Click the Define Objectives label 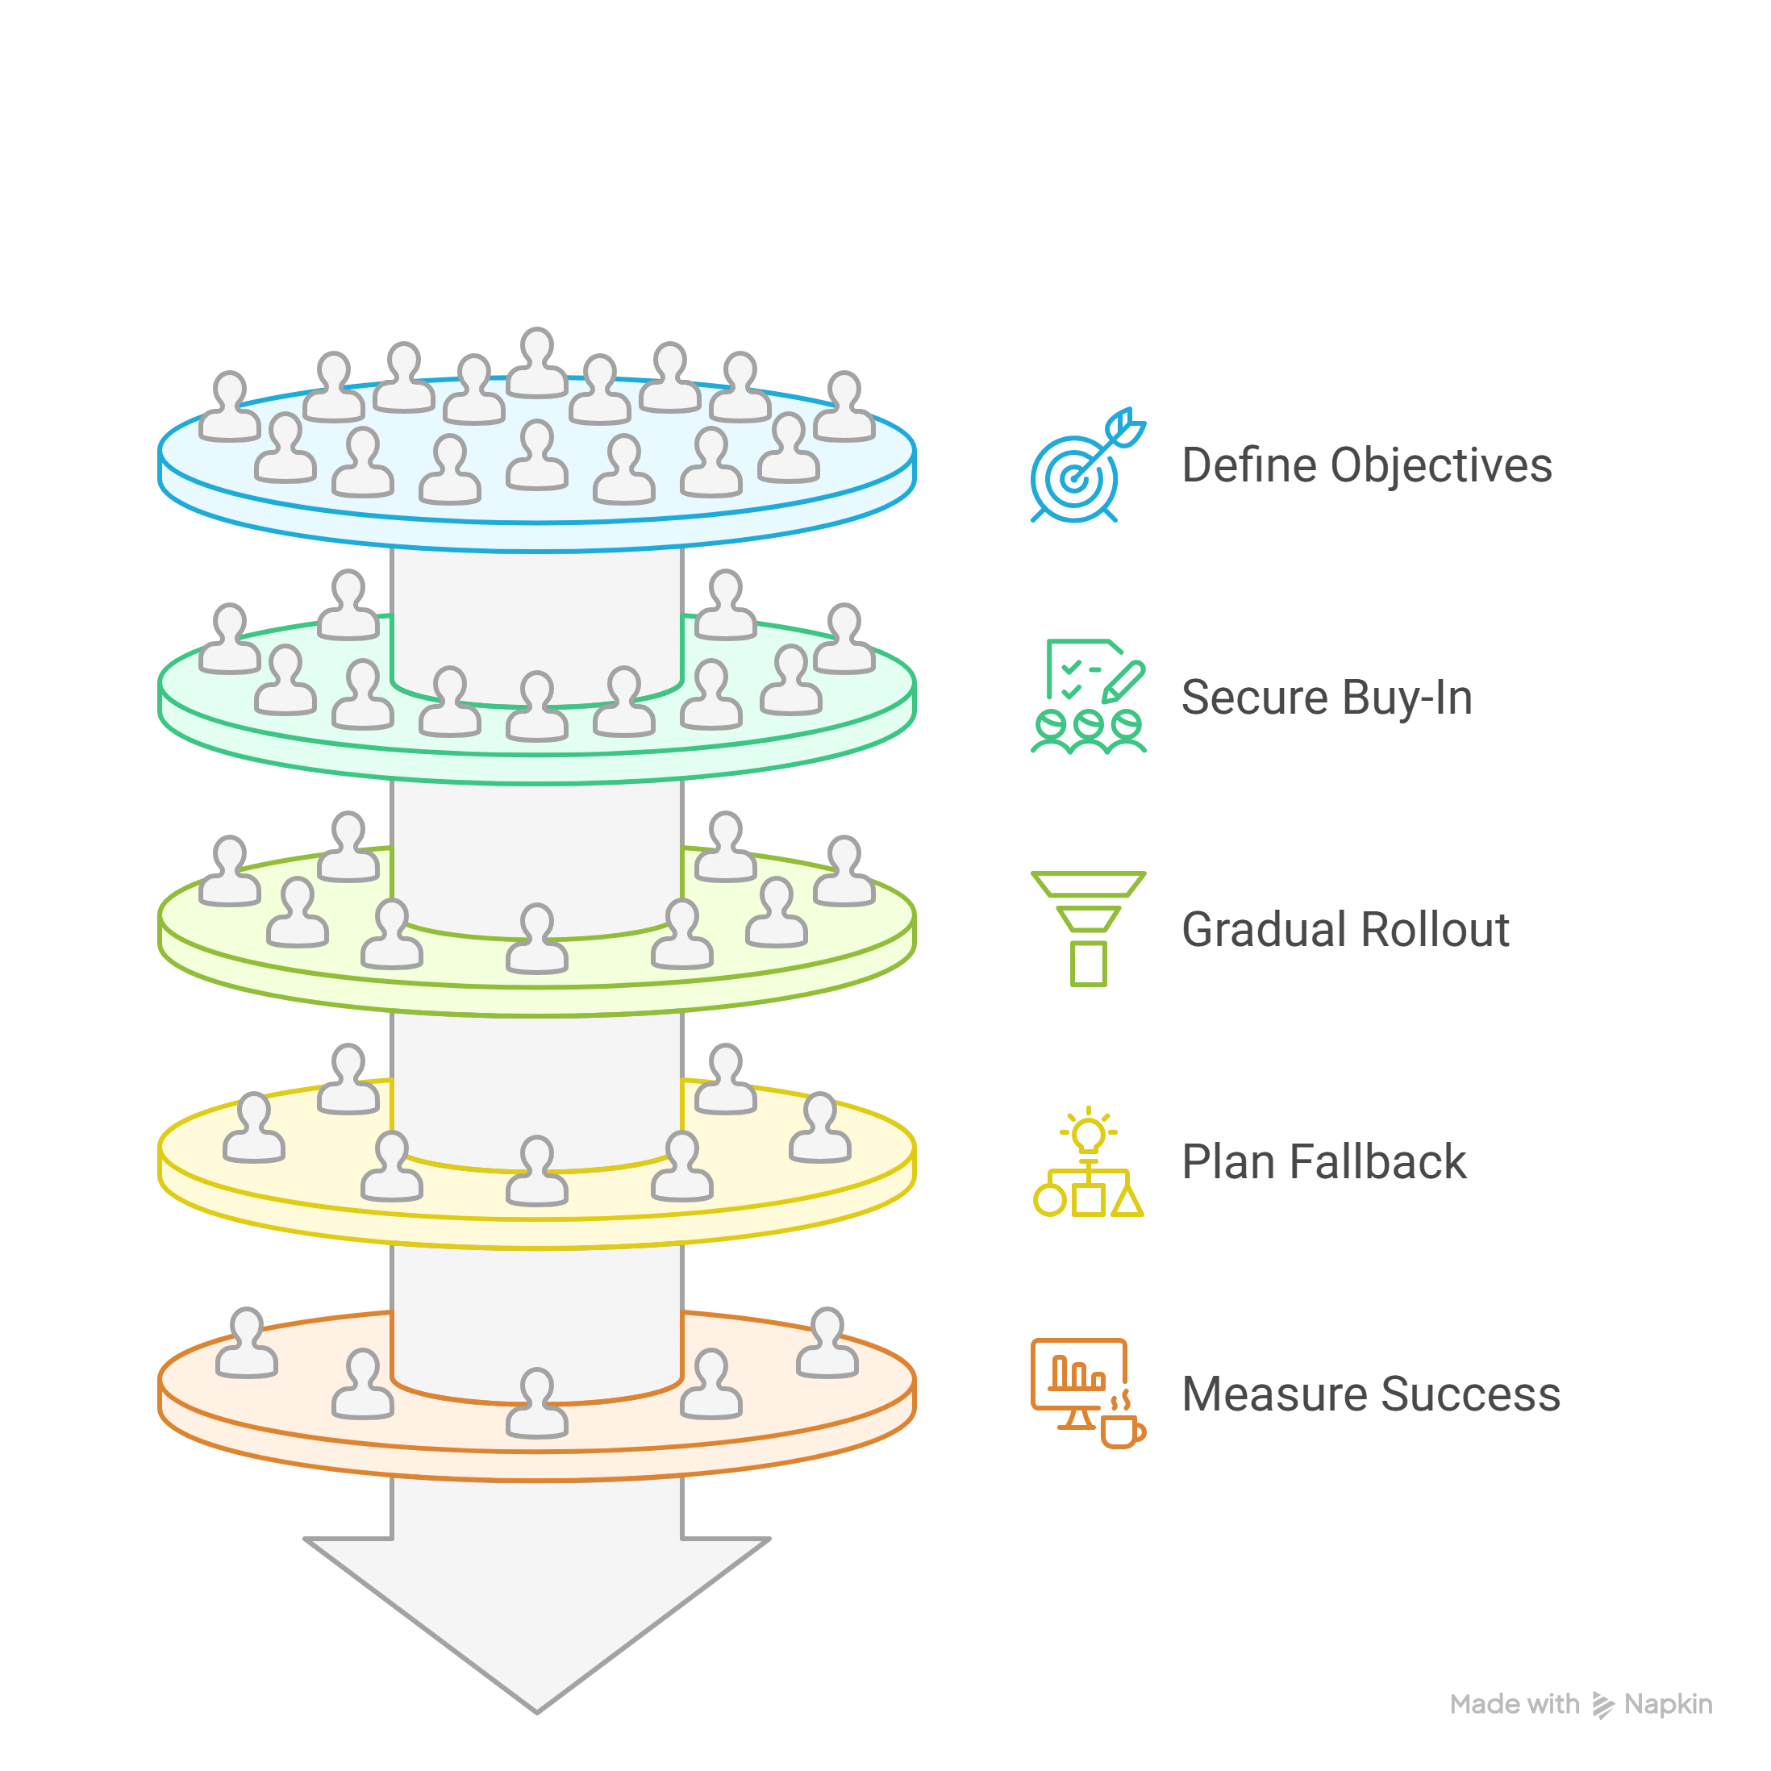point(1367,465)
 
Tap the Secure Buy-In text point(1327,698)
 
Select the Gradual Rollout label point(1344,930)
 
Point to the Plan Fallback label point(1323,1161)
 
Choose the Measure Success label point(1370,1394)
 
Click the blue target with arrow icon point(1087,465)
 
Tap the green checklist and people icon point(1088,697)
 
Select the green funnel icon point(1088,928)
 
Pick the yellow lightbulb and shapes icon point(1088,1161)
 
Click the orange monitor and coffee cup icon point(1087,1393)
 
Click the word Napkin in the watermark point(1668,1704)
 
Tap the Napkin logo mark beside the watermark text point(1602,1705)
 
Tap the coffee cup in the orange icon point(1121,1430)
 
